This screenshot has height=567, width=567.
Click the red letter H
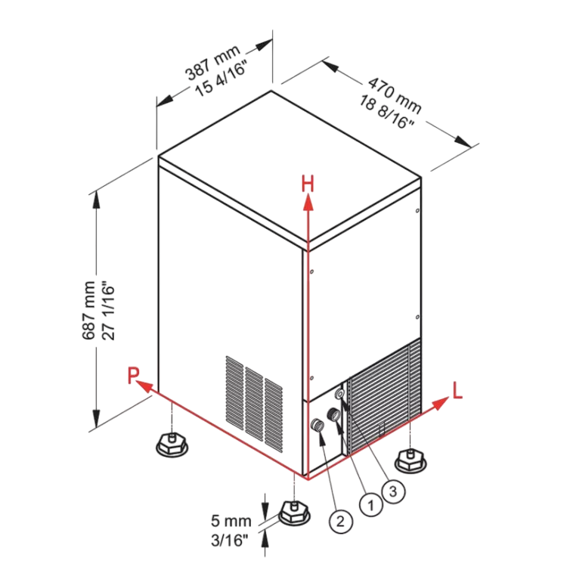coord(308,184)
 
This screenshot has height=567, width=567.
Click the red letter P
coord(133,375)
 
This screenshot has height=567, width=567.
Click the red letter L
coord(457,391)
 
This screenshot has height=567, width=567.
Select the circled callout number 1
coord(371,504)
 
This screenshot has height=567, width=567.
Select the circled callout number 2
coord(341,521)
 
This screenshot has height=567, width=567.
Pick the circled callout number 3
coord(393,491)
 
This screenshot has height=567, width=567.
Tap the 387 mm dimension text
coord(212,62)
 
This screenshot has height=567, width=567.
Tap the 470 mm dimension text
coord(395,95)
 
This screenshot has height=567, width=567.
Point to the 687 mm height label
coord(88,310)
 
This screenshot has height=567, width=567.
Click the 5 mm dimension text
coord(231,521)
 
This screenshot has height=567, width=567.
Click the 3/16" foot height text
coord(230,541)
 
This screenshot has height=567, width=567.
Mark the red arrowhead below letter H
coord(308,202)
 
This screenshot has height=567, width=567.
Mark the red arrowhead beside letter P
coord(146,386)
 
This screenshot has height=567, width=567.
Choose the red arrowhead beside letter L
coord(441,403)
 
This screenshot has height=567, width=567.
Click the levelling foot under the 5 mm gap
coord(294,512)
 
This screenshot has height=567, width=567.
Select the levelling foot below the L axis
coord(411,460)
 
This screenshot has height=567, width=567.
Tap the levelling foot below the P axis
coord(172,445)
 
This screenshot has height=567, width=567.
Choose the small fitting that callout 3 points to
coord(340,393)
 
